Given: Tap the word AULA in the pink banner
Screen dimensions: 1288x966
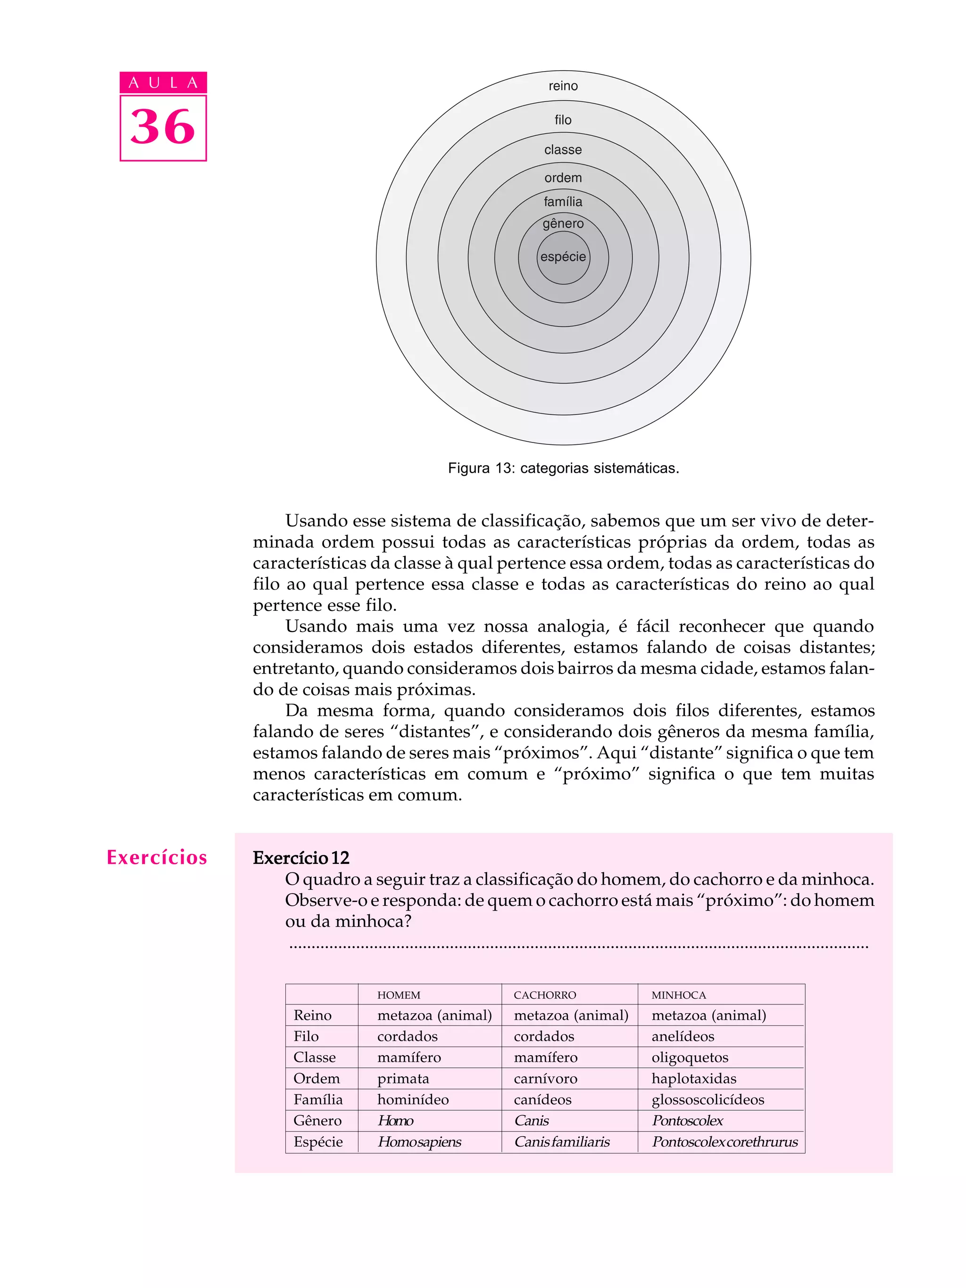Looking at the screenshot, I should click(163, 82).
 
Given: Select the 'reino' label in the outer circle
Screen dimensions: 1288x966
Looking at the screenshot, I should click(563, 86).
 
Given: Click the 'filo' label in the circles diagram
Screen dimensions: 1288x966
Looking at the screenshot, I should click(563, 120).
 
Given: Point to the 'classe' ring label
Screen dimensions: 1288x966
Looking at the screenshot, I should click(563, 150).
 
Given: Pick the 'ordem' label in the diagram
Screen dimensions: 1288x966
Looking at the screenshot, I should click(563, 178).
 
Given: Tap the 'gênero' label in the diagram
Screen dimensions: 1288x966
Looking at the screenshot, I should click(563, 223).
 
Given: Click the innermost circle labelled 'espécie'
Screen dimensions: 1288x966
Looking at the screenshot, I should click(563, 257).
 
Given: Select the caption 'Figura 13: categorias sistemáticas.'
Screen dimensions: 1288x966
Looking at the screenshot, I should click(563, 468).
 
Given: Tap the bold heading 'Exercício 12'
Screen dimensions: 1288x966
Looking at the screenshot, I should click(300, 858).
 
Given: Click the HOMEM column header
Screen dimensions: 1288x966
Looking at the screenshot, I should click(399, 995).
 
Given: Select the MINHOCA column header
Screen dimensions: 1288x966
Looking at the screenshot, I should click(678, 995).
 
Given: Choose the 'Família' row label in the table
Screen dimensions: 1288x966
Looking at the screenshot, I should click(317, 1099).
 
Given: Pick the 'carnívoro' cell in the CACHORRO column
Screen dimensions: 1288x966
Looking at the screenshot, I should click(545, 1078).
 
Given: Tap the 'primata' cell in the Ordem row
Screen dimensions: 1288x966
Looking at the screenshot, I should click(403, 1078).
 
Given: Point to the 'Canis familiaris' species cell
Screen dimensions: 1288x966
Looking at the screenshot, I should click(562, 1142).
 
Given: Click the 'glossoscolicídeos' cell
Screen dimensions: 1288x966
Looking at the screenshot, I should click(708, 1099).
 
